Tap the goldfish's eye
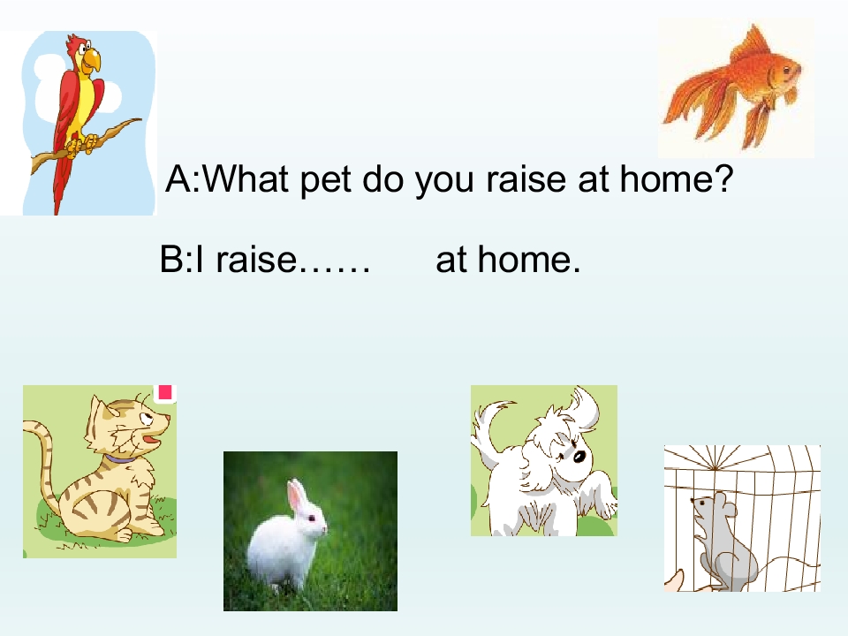[x=785, y=69]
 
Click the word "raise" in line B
[x=256, y=259]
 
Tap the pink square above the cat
[x=165, y=392]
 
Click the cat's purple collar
[x=121, y=458]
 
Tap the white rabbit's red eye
[x=312, y=519]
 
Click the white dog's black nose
[x=579, y=457]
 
